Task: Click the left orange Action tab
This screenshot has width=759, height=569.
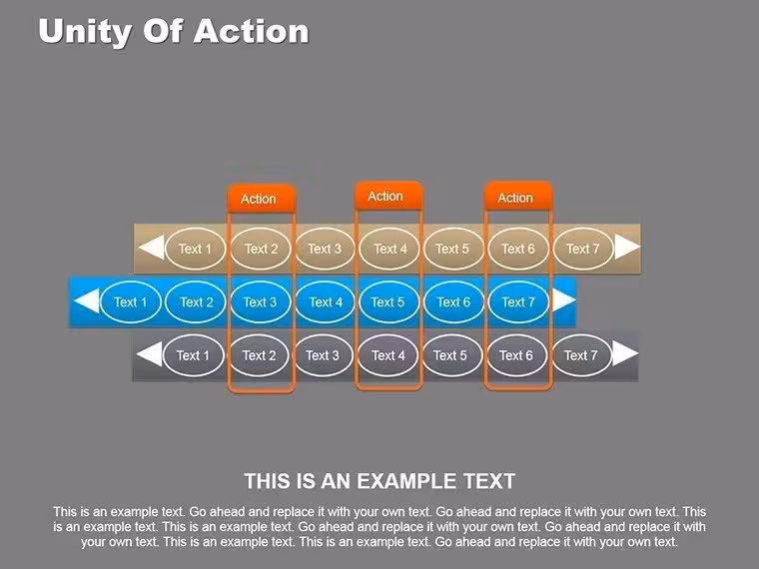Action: point(261,199)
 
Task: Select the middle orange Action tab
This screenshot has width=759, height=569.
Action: point(388,196)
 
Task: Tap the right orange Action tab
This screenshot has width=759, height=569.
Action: point(518,197)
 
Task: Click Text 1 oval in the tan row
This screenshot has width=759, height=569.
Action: point(195,249)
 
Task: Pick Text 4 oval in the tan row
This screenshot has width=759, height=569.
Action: point(389,249)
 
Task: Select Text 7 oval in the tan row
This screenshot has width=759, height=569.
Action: point(583,249)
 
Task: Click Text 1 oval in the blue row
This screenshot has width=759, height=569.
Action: point(130,301)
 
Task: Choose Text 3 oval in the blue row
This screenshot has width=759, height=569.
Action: point(260,301)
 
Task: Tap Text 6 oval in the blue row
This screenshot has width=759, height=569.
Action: point(453,301)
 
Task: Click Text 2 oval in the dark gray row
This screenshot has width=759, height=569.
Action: point(259,355)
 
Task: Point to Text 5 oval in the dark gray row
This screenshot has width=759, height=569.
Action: point(450,355)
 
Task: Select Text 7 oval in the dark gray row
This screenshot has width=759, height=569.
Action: point(581,355)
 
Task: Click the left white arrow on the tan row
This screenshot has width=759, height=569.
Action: point(152,248)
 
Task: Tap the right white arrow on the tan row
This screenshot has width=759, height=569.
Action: point(627,247)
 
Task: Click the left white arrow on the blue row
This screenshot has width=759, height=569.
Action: point(87,300)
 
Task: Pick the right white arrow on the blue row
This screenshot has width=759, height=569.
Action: point(563,300)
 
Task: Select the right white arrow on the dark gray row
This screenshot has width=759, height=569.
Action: point(625,353)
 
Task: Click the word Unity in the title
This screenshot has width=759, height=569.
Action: point(85,32)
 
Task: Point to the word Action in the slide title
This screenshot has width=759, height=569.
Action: point(251,32)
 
